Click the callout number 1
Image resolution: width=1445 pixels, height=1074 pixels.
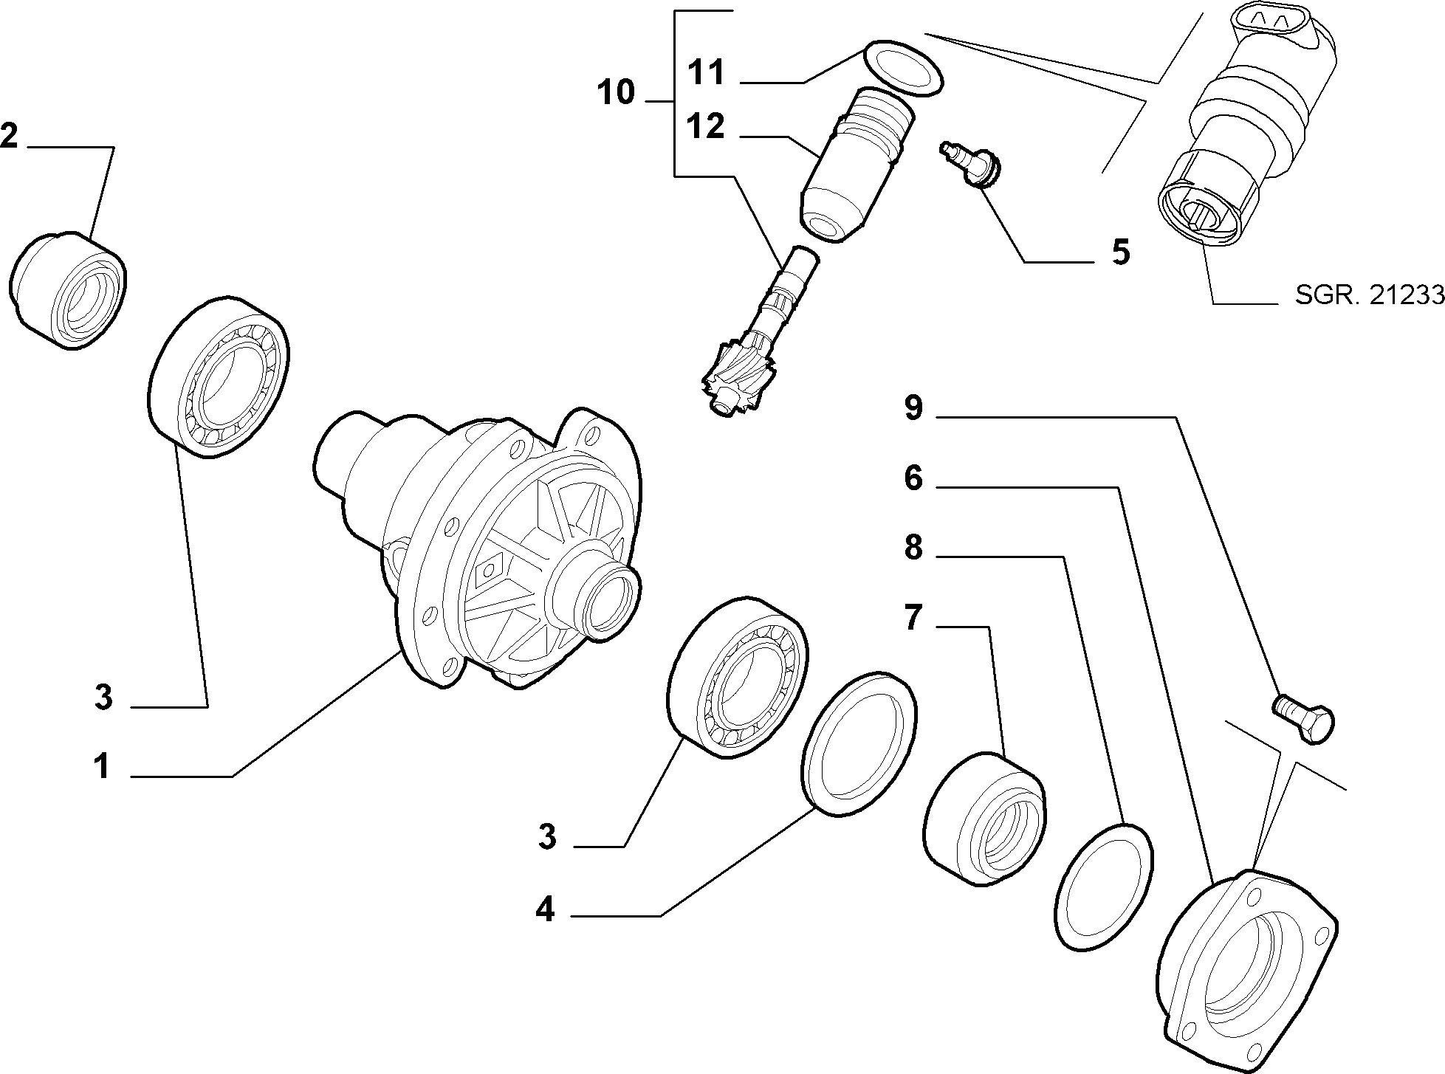102,767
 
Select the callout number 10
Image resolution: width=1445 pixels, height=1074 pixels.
616,93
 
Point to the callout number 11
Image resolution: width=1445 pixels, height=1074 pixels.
706,73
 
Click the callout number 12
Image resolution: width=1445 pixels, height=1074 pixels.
705,127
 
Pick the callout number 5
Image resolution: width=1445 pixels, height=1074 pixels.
1120,252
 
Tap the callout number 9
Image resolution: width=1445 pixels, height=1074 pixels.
913,407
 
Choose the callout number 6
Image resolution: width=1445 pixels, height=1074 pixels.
913,479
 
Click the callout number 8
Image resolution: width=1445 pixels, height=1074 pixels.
913,548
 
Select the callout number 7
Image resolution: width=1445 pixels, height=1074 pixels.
913,617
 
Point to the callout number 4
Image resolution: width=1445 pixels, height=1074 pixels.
545,909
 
